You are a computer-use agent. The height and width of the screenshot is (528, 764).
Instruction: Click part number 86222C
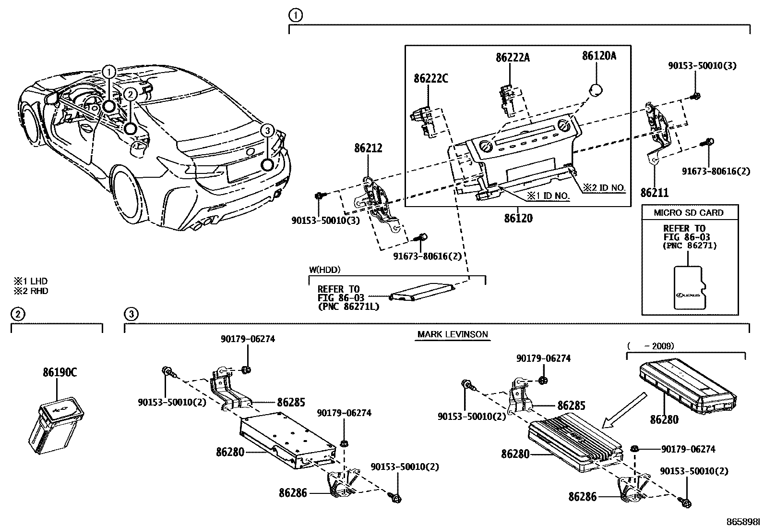pos(430,79)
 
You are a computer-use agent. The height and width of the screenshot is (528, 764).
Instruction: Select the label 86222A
pos(513,58)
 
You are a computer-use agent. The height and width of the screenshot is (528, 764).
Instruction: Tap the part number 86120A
pos(599,56)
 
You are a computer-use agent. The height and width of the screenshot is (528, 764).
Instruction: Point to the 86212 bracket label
pos(368,148)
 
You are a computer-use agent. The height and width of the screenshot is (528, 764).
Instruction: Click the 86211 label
pos(654,193)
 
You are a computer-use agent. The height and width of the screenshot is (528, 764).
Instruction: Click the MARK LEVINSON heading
pos(452,334)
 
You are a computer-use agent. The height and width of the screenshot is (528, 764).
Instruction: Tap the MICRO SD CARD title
pos(689,213)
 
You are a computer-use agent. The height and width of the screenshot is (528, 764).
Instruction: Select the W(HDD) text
pos(324,270)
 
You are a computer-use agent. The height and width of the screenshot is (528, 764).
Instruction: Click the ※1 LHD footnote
pos(31,282)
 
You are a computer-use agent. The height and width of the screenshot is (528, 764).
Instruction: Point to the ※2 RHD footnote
pos(31,291)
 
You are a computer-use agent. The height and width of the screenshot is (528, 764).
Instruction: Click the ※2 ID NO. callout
pos(605,187)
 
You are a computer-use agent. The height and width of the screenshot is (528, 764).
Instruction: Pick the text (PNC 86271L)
pos(348,307)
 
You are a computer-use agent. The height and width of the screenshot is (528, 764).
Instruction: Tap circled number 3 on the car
pos(268,130)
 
